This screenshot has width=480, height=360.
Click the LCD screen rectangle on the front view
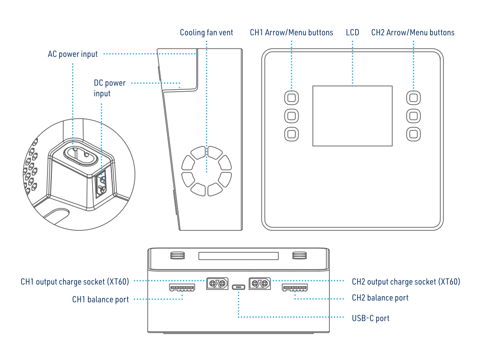coord(352,116)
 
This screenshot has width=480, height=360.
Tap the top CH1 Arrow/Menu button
coord(291,98)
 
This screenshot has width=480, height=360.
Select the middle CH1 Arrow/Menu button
coord(291,116)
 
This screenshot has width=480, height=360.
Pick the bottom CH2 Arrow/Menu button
coord(413,133)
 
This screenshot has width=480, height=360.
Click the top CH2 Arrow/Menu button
coord(413,98)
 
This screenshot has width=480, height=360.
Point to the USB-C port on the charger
coord(238,287)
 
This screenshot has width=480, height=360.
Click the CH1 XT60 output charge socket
coord(216,284)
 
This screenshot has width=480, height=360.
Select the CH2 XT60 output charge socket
coord(260,284)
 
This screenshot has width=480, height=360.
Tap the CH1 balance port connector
coord(182,288)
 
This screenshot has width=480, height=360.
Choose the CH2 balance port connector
coord(295,288)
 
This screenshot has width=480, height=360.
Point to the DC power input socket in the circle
coord(101,185)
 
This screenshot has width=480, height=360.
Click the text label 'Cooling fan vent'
coord(206,33)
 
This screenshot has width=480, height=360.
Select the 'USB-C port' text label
coord(371,318)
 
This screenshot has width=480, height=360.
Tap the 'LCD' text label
coord(352,33)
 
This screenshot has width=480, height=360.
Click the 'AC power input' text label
coord(72,54)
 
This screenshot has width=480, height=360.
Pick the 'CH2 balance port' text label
coord(380,298)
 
